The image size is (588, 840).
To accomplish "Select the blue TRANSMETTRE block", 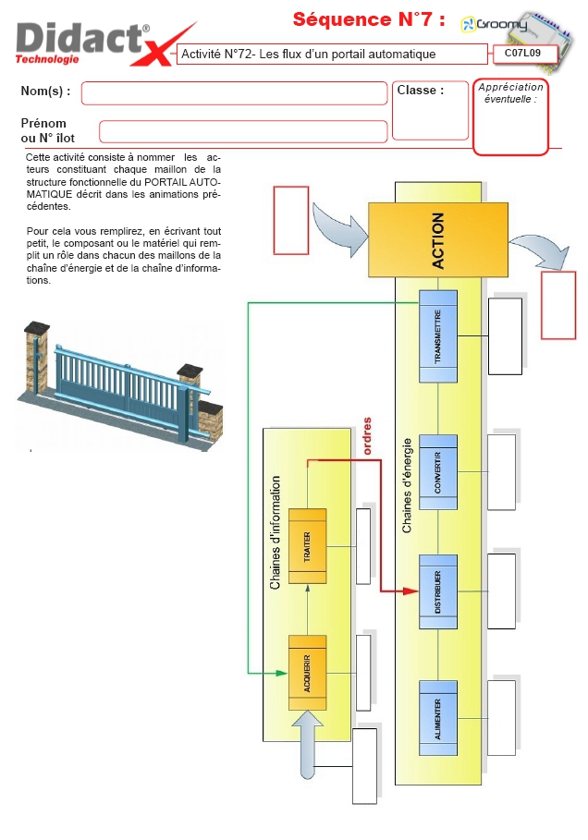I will point(438,335).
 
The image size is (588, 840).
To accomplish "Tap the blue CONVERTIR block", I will point(438,471).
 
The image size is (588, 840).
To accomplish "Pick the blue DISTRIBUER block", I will point(438,590).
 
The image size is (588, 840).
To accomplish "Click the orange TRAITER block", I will point(307,545).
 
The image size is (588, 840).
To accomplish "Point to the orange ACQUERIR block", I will point(307,672).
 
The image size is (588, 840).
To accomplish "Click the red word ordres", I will point(367,435).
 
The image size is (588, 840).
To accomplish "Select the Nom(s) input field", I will point(234,92).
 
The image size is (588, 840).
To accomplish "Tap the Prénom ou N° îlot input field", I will point(242,131).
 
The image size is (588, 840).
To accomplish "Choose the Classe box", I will point(430,109).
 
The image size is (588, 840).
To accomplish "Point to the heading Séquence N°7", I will point(369,19).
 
